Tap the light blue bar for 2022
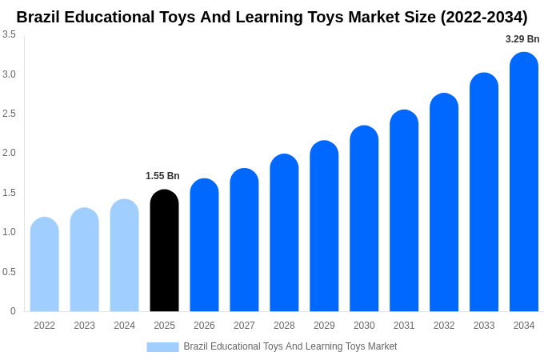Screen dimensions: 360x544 click(x=45, y=265)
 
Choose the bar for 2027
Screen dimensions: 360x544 click(x=244, y=240)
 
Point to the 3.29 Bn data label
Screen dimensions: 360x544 click(x=522, y=39)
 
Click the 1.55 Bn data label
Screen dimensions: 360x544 click(x=162, y=176)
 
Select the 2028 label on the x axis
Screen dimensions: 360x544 click(x=284, y=326)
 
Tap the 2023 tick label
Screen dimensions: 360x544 click(x=84, y=326)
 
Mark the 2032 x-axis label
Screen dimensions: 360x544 click(x=444, y=326)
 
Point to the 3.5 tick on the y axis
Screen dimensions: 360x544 click(x=9, y=34)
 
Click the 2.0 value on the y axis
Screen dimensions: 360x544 click(x=9, y=153)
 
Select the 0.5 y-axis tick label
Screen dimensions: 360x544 click(x=9, y=272)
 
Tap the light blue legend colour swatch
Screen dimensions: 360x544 click(x=162, y=347)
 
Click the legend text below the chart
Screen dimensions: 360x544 click(x=290, y=346)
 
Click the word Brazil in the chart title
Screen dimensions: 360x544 click(x=40, y=17)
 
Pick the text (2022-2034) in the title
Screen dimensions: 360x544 click(x=483, y=17)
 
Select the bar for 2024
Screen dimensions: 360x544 click(x=124, y=255)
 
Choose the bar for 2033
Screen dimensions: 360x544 click(x=484, y=192)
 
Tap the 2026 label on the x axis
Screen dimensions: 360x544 click(x=204, y=326)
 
